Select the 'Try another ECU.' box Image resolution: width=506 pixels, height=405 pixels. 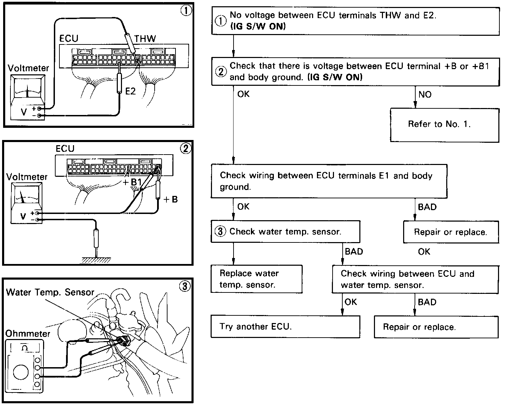pyautogui.click(x=285, y=327)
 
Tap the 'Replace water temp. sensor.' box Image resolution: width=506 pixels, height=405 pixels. pyautogui.click(x=256, y=279)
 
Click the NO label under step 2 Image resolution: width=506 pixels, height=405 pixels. pyautogui.click(x=425, y=94)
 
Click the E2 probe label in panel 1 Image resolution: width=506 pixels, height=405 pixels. pyautogui.click(x=130, y=92)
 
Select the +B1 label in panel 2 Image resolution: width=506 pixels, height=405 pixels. pyautogui.click(x=132, y=182)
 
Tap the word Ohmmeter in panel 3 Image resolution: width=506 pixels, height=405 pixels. pyautogui.click(x=28, y=334)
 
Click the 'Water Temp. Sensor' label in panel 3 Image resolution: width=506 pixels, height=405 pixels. pyautogui.click(x=50, y=292)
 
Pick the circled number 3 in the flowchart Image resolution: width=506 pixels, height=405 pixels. pyautogui.click(x=220, y=231)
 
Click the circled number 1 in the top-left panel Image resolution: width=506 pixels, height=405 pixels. pyautogui.click(x=186, y=11)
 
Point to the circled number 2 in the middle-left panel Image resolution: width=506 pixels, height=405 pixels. pyautogui.click(x=185, y=149)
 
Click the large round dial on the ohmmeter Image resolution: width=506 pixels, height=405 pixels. pyautogui.click(x=21, y=372)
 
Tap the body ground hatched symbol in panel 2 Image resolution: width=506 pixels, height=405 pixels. pyautogui.click(x=96, y=259)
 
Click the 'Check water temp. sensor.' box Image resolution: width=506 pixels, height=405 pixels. pyautogui.click(x=285, y=232)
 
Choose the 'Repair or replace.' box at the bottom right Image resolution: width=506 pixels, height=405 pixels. pyautogui.click(x=436, y=327)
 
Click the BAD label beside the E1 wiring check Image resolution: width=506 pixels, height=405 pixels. pyautogui.click(x=427, y=207)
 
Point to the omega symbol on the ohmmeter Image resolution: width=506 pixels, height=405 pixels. pyautogui.click(x=25, y=347)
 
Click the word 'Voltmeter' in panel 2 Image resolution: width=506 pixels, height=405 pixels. pyautogui.click(x=27, y=177)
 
